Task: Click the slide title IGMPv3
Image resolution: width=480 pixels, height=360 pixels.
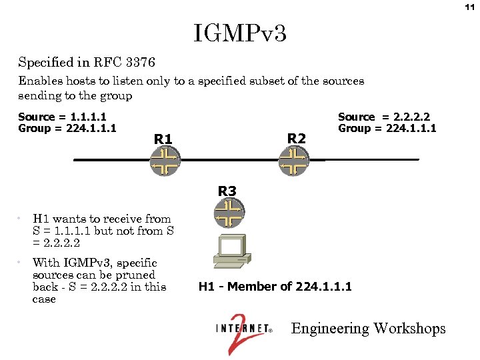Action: click(x=240, y=33)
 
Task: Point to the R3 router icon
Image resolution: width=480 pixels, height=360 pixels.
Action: click(x=229, y=213)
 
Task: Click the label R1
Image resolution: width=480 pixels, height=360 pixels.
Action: click(x=163, y=139)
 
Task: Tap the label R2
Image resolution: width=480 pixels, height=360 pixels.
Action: click(x=296, y=138)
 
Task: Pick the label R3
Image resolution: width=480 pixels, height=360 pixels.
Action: click(x=227, y=191)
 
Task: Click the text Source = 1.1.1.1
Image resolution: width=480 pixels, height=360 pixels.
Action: click(x=62, y=117)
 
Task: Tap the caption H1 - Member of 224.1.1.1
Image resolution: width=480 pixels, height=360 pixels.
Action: click(x=275, y=287)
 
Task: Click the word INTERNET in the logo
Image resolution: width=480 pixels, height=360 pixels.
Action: click(x=242, y=329)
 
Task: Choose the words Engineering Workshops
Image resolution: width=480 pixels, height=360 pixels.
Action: click(x=369, y=328)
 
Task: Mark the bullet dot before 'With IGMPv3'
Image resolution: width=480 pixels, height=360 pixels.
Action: click(x=22, y=263)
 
